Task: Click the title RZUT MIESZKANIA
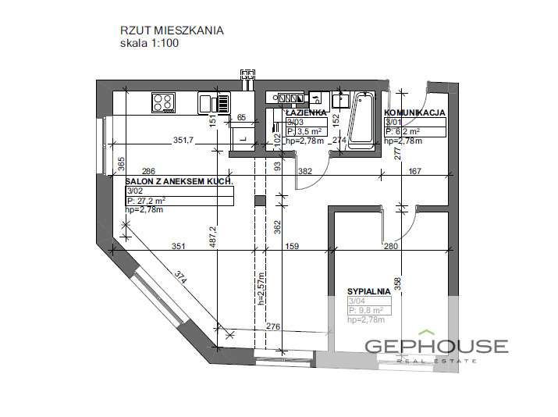pyautogui.click(x=172, y=30)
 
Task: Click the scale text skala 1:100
pyautogui.click(x=149, y=44)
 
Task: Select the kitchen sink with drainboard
pyautogui.click(x=214, y=102)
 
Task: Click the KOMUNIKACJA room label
pyautogui.click(x=414, y=112)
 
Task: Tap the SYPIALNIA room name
pyautogui.click(x=368, y=291)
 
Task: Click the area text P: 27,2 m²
pyautogui.click(x=147, y=201)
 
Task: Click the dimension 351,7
pyautogui.click(x=183, y=141)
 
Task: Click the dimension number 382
pyautogui.click(x=305, y=171)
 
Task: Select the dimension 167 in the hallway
pyautogui.click(x=415, y=171)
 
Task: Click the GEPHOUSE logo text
pyautogui.click(x=447, y=347)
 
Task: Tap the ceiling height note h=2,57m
pyautogui.click(x=263, y=287)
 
